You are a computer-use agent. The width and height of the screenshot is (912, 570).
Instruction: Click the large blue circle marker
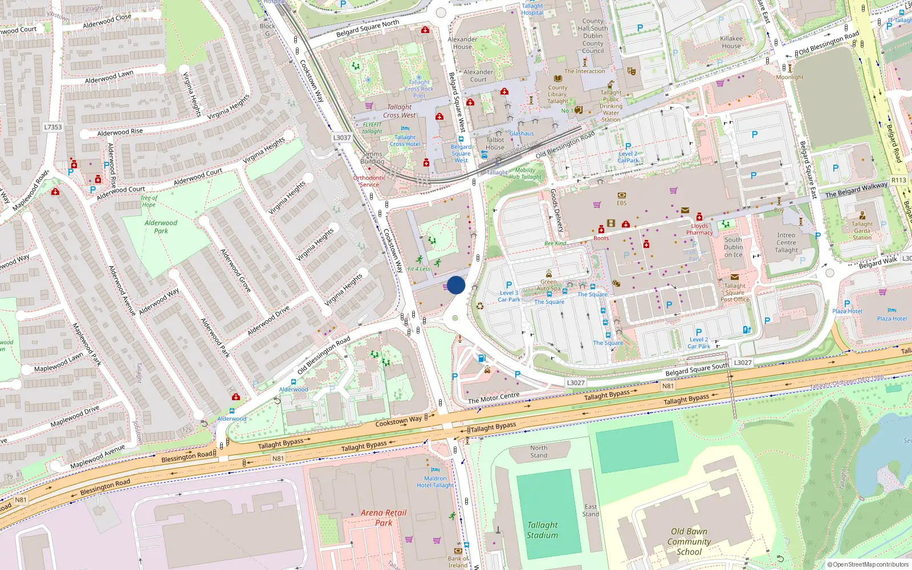pos(456,285)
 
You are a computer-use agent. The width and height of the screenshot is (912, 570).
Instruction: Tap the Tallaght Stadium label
pos(542,530)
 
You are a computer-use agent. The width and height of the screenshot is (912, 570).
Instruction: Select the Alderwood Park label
pos(161,227)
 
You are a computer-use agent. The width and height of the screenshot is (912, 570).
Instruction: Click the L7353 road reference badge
pos(53,127)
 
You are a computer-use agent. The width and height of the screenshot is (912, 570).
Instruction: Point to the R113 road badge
pos(898,180)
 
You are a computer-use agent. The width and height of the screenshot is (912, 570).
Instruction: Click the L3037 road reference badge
pos(342,137)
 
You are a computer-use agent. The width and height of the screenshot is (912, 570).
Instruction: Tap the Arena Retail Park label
pos(384,518)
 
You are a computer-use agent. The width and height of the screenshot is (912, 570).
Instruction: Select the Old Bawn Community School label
pos(689,541)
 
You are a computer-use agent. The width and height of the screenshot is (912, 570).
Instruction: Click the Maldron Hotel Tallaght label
pos(435,482)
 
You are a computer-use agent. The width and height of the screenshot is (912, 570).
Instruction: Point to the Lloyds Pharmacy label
pos(699,229)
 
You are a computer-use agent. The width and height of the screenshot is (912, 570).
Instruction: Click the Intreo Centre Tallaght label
pos(786,243)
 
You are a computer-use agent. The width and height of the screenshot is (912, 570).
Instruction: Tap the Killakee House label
pos(731,42)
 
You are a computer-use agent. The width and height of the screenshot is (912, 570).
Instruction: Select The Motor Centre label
pos(494,398)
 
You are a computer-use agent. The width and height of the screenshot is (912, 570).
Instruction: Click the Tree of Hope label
pos(149,201)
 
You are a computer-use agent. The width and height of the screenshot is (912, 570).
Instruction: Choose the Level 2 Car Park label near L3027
pos(699,343)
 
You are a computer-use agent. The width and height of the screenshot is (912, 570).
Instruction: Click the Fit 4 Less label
pos(419,269)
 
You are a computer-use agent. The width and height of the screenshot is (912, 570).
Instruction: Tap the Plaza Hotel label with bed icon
pos(892,319)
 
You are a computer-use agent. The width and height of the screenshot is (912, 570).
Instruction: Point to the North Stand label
pos(539,451)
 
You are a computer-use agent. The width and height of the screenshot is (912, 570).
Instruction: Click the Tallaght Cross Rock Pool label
pos(419,89)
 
